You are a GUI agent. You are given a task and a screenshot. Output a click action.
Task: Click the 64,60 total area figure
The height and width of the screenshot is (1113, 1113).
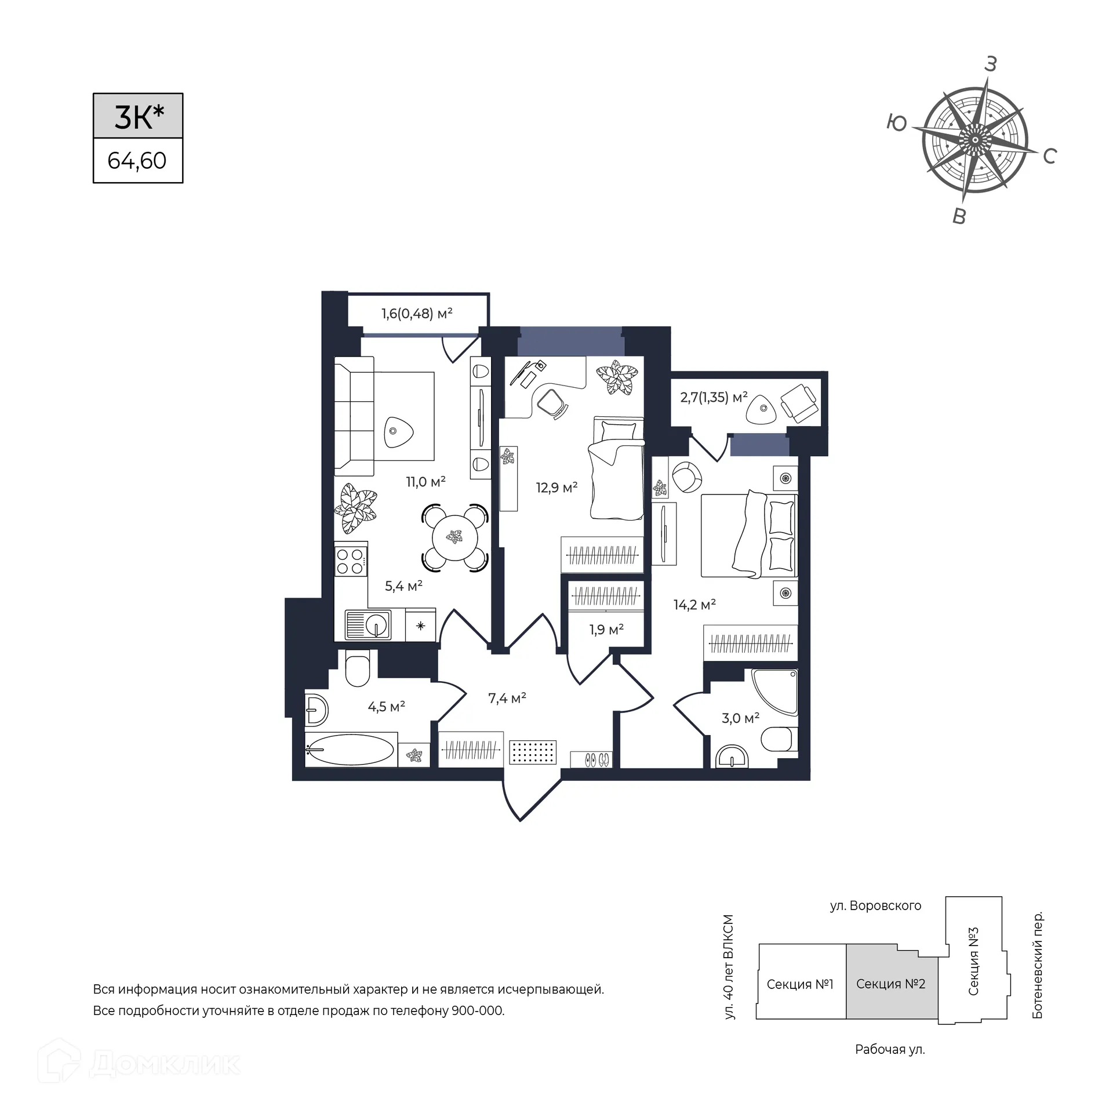[137, 161]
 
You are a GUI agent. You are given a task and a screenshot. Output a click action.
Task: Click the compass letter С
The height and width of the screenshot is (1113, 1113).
[1050, 156]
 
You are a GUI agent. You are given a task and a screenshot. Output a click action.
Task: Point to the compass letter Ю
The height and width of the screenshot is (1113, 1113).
[897, 123]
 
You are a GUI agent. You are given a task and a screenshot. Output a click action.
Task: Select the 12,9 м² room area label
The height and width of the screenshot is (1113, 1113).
[557, 488]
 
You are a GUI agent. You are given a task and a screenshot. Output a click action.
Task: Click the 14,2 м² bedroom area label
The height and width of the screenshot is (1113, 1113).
[694, 605]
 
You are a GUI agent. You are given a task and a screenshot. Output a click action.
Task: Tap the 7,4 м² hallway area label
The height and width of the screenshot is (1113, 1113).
[507, 698]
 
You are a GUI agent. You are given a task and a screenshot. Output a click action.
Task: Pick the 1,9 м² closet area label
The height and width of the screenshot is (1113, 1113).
[606, 629]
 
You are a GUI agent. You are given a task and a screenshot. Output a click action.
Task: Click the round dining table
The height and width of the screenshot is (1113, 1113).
[456, 537]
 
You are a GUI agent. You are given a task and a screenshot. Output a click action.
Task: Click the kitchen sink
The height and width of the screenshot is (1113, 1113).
[368, 625]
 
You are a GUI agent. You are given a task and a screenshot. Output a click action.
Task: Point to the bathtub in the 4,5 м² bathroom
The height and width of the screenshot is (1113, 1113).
[351, 750]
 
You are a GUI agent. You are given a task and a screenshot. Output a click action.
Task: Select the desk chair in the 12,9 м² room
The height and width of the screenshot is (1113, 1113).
[551, 403]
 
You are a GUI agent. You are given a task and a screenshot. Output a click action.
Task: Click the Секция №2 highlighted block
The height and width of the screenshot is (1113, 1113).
[892, 984]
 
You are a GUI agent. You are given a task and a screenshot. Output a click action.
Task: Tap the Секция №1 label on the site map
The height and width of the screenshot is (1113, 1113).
[800, 984]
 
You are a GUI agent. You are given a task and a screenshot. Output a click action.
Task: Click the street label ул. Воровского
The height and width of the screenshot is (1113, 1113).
[875, 905]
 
